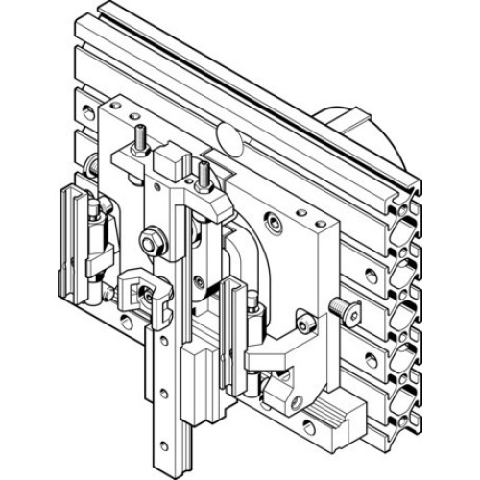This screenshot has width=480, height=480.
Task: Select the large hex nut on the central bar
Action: click(151, 235)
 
